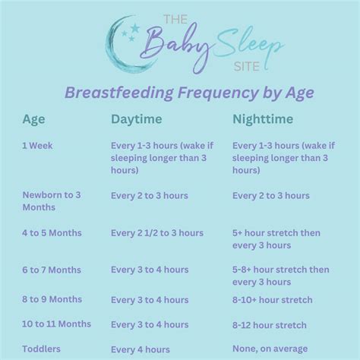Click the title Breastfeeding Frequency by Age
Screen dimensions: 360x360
[180, 93]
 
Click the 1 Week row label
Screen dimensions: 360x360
[37, 144]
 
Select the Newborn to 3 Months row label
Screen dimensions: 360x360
[52, 201]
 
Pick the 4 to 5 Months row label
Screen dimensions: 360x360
[52, 233]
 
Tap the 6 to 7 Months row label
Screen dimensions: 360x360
[52, 270]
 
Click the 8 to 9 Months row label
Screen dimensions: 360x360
[52, 299]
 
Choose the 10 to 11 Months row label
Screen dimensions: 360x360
[56, 324]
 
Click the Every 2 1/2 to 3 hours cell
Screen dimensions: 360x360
[157, 233]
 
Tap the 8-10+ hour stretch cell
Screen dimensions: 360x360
[272, 300]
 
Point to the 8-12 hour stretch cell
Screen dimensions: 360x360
[270, 325]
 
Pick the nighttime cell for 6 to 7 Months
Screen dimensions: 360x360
[280, 276]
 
